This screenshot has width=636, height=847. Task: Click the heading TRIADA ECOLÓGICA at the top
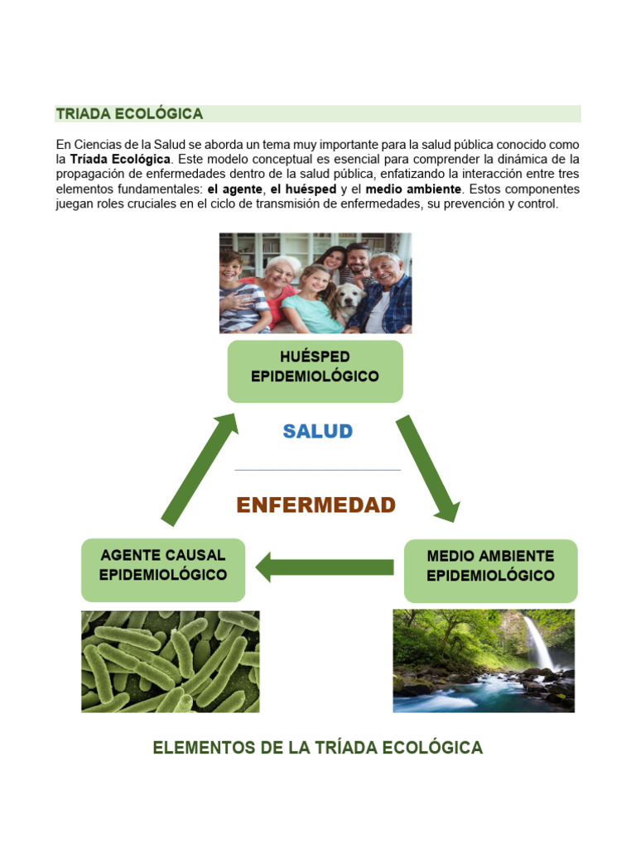(x=129, y=114)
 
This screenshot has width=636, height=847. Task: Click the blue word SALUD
(x=318, y=431)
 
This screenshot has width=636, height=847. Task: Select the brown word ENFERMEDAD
(x=316, y=505)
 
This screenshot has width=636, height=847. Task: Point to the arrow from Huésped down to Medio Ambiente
(x=427, y=469)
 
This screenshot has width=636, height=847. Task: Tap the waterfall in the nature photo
(x=537, y=642)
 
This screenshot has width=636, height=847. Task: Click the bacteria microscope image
(x=170, y=661)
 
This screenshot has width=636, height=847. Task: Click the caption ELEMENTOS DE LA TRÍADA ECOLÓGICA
(x=317, y=748)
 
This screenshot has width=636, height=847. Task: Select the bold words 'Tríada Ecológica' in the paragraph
(x=120, y=159)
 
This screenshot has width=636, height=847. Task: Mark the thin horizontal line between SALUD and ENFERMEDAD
(x=318, y=470)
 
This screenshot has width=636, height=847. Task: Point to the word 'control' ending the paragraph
(x=537, y=203)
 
